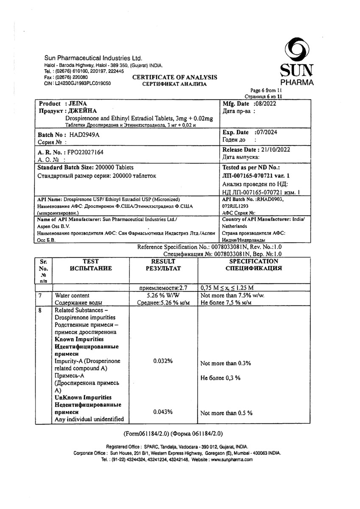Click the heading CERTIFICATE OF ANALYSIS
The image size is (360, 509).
[x=175, y=77]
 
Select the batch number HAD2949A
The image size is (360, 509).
[x=87, y=134]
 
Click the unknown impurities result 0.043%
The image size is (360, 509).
[x=163, y=412]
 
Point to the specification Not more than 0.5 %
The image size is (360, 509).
[x=226, y=413]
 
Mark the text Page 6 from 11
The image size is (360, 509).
[x=265, y=91]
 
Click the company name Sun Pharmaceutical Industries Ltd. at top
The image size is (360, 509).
[x=93, y=58]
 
